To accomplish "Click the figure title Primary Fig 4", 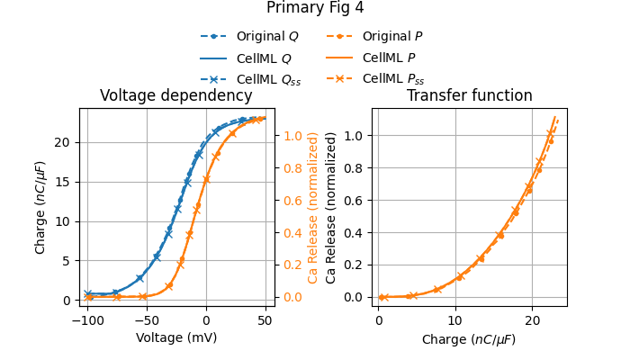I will point(315,8).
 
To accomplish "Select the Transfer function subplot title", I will point(469,96).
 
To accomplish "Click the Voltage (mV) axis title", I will point(176,338).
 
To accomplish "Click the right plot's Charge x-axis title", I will point(469,339).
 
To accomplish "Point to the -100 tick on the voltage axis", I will point(87,320).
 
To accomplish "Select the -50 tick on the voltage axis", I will point(147,320).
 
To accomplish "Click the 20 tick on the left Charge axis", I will point(64,142).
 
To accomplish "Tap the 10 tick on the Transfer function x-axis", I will point(455,320).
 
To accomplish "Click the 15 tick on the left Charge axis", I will point(64,182).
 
